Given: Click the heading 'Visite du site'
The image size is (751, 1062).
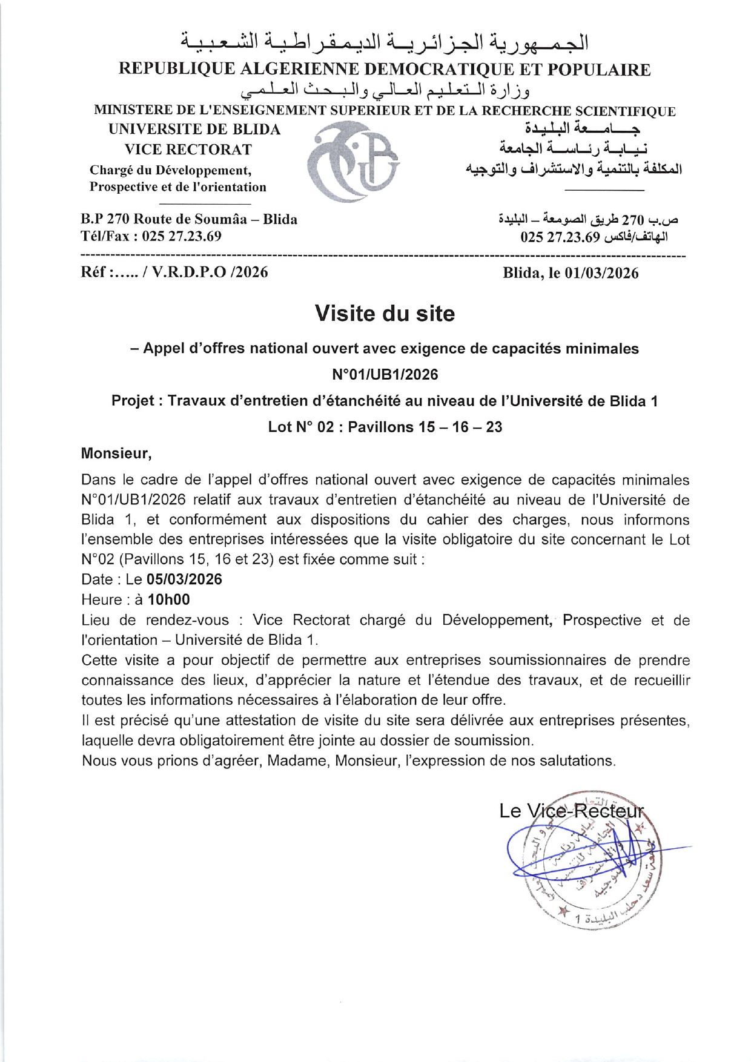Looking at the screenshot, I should [385, 314].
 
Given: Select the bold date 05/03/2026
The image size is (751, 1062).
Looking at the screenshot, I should [184, 579].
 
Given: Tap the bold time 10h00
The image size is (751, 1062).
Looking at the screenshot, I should [168, 600].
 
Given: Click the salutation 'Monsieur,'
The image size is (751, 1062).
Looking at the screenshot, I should [116, 453].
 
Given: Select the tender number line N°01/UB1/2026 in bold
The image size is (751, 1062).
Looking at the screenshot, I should [385, 375].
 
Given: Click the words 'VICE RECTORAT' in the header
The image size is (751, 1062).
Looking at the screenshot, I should [188, 150].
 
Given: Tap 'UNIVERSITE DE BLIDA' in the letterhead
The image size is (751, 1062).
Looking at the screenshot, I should [194, 130].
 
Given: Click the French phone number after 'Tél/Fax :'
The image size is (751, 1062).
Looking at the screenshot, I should [182, 236].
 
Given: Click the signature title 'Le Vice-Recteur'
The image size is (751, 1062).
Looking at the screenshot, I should [571, 811].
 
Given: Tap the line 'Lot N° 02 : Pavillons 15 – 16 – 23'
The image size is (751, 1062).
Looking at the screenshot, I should [385, 427].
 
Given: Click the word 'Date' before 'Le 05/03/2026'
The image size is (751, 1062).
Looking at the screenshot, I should [97, 579].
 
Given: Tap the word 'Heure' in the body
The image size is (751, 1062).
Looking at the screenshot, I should [100, 600].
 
